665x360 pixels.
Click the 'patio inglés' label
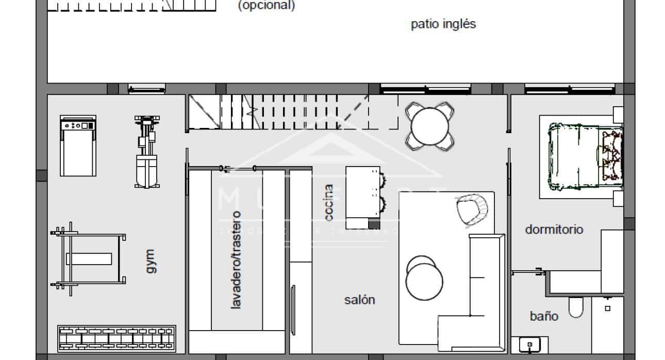pyautogui.click(x=443, y=24)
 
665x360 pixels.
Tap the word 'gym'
pyautogui.click(x=149, y=261)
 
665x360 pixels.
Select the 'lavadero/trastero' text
pyautogui.click(x=236, y=260)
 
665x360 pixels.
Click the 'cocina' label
pyautogui.click(x=329, y=203)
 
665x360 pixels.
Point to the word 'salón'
pyautogui.click(x=359, y=300)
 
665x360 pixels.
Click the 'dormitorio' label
pyautogui.click(x=554, y=229)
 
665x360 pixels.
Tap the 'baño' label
pyautogui.click(x=544, y=316)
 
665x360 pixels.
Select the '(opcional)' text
pyautogui.click(x=266, y=6)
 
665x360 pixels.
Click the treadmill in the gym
pyautogui.click(x=78, y=146)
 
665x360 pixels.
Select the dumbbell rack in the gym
pyautogui.click(x=117, y=339)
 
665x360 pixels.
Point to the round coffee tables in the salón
pyautogui.click(x=424, y=279)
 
